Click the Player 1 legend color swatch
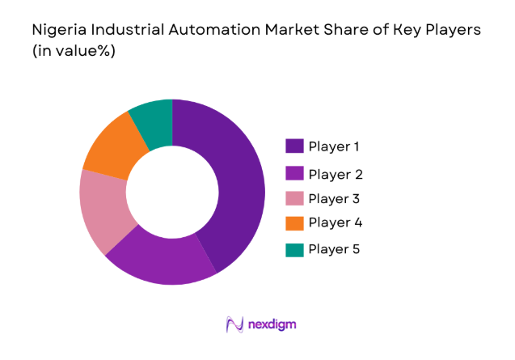(294, 146)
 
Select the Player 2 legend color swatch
(294, 174)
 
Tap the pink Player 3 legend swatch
(294, 198)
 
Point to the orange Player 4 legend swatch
(294, 223)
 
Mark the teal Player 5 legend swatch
(294, 248)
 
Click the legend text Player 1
(334, 146)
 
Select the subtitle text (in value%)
(74, 50)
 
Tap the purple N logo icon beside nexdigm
(234, 325)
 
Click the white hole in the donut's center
(172, 192)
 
